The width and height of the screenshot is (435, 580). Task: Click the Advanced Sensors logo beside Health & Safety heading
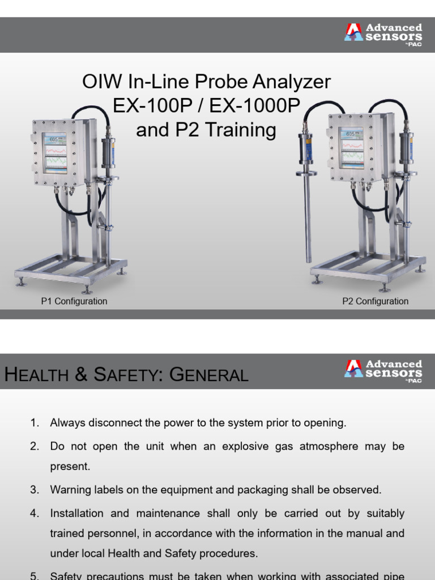pyautogui.click(x=383, y=369)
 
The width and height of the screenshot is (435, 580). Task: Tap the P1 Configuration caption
pyautogui.click(x=74, y=301)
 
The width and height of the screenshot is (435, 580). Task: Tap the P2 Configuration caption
pyautogui.click(x=375, y=301)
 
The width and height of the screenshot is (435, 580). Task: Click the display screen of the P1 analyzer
pyautogui.click(x=55, y=153)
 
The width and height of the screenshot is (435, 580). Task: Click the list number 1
pyautogui.click(x=35, y=423)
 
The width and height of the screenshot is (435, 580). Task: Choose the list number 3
pyautogui.click(x=35, y=489)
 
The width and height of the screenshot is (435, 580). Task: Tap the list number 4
pyautogui.click(x=35, y=513)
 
